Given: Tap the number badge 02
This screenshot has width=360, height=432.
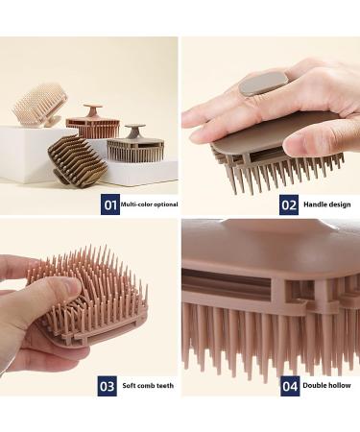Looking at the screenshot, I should click(289, 204).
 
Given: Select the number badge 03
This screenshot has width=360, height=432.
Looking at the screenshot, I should click(108, 386).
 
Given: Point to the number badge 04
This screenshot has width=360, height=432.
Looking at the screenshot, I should click(289, 386).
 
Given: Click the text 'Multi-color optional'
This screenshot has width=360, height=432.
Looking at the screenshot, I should click(149, 204).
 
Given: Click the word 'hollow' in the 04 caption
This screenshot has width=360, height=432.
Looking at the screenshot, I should click(341, 386).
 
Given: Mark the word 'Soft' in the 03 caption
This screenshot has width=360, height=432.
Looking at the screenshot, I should click(132, 386).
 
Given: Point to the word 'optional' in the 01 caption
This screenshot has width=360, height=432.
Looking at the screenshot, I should click(164, 204).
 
